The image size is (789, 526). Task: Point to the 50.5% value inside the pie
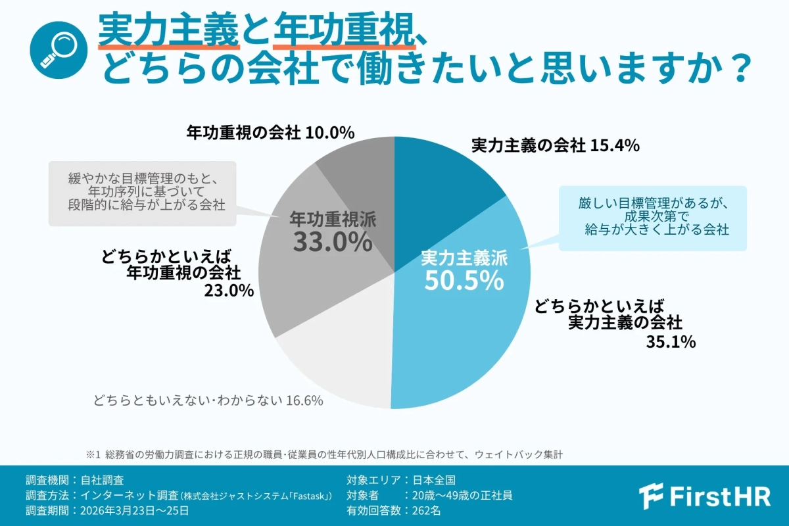464,281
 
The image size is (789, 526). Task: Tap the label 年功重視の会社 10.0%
270,133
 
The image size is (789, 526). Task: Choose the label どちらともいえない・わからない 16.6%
208,400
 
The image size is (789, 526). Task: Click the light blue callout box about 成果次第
653,218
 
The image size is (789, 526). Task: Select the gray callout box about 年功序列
142,191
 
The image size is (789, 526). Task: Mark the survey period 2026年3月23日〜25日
135,510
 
